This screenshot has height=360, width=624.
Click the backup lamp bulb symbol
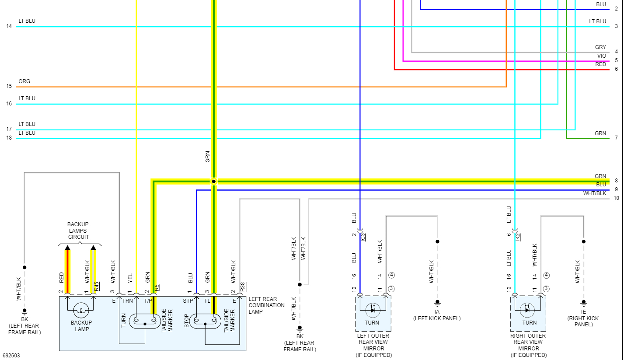coord(81,311)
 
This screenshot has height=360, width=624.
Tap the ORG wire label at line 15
coord(24,81)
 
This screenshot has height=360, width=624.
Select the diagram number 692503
coord(11,356)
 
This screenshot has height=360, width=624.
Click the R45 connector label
coord(97,287)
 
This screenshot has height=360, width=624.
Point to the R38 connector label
coord(243,287)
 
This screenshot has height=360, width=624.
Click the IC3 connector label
coord(363,237)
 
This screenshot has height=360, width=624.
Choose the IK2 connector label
coord(518,237)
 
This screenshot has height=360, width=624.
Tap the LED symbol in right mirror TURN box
coord(527,309)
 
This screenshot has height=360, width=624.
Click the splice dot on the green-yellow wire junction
coord(213,181)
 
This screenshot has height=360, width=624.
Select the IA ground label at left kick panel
coord(437,312)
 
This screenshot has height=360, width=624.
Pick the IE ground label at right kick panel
coord(583,312)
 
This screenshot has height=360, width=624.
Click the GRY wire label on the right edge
coord(600,47)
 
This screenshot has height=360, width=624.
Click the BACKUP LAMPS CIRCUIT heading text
coord(78,231)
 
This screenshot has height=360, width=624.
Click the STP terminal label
coord(188,301)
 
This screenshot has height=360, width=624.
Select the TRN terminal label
coord(127,301)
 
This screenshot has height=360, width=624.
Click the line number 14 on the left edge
coord(9,27)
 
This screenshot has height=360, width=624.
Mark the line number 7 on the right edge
coord(616,138)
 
